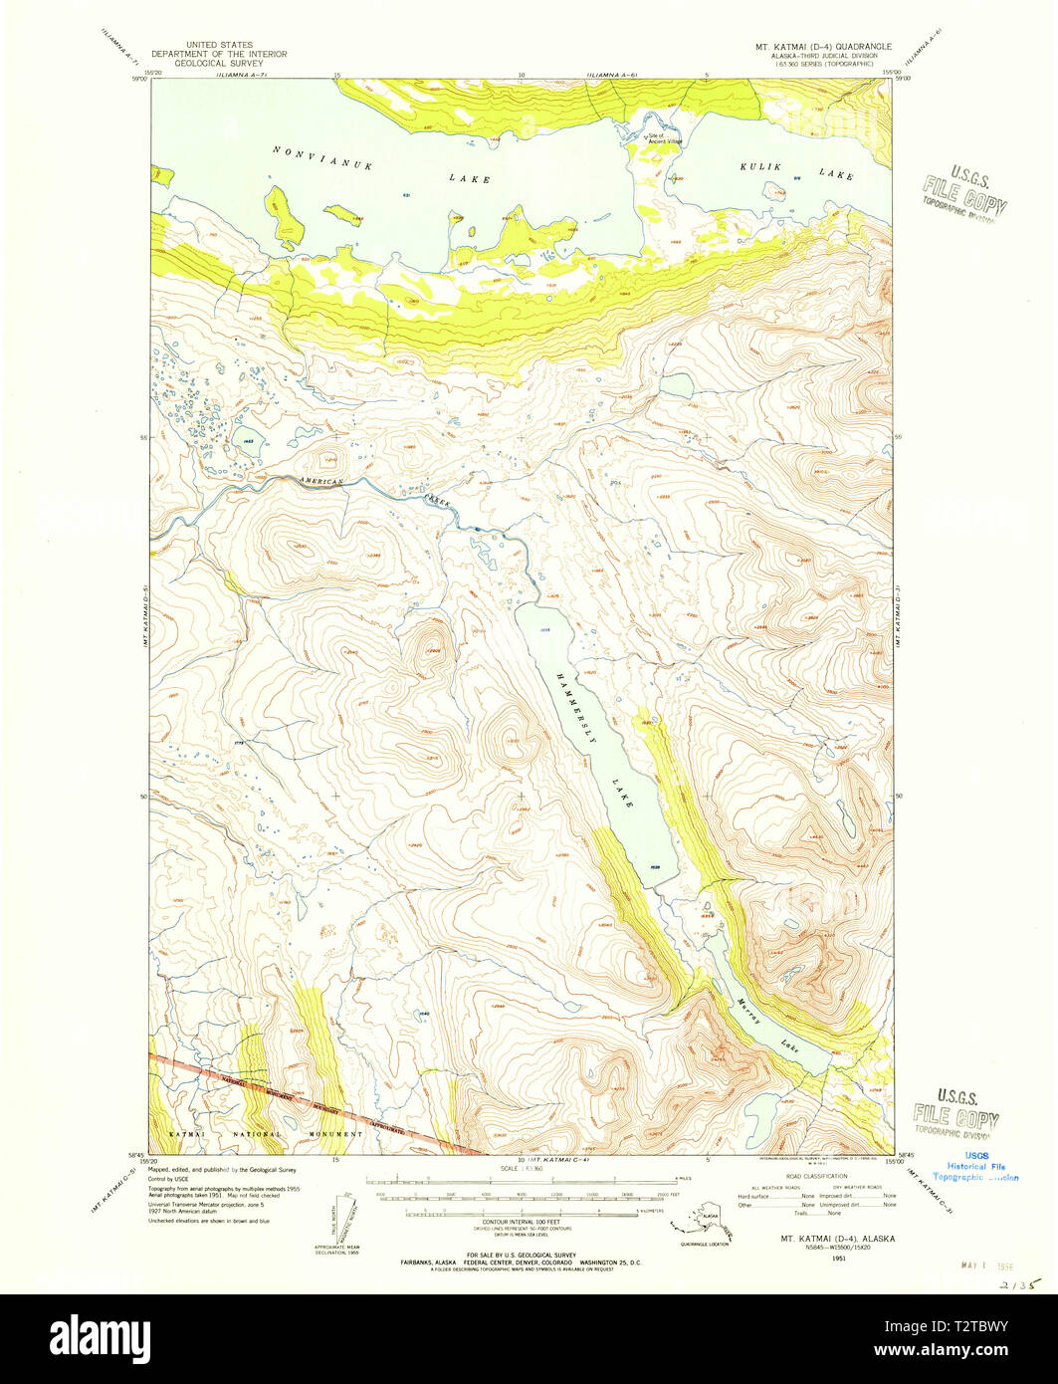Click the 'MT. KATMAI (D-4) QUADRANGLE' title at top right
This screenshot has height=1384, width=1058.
(821, 47)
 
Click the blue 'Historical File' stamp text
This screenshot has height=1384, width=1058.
(975, 1166)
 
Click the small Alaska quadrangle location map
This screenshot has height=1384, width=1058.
(704, 1225)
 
